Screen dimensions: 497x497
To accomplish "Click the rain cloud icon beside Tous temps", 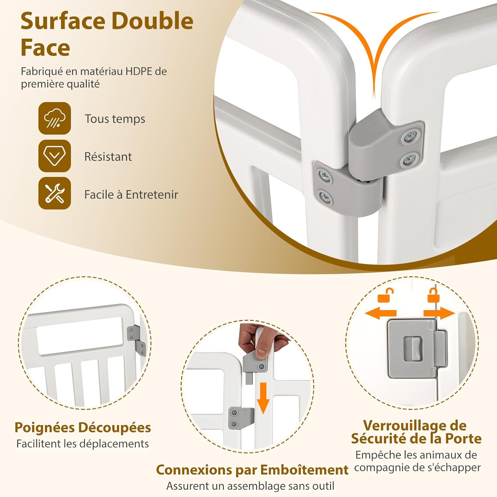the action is click(55, 118).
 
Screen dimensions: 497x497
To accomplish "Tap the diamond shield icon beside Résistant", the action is click(55, 156).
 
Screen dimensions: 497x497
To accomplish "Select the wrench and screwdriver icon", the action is click(55, 193).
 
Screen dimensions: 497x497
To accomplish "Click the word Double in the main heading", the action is click(152, 21).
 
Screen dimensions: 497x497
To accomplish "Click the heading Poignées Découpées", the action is click(83, 428).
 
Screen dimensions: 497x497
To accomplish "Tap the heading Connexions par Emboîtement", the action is click(252, 470).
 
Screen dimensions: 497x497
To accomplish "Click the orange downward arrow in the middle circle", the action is click(263, 398).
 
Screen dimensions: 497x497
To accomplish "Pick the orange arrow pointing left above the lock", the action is click(380, 313).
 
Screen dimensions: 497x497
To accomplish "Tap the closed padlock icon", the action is click(433, 295).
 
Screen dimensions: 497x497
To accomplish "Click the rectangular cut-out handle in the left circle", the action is click(80, 335).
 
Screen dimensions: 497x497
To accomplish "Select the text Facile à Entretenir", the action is click(131, 194).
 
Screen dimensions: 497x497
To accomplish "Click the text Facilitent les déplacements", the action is click(83, 444).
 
